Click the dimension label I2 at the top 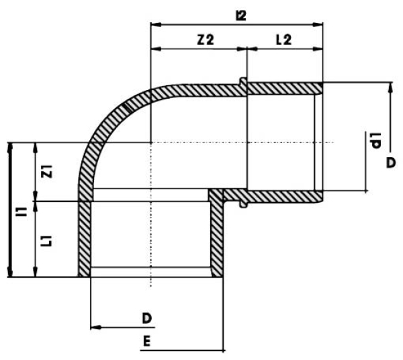[241, 15]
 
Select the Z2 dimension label [206, 40]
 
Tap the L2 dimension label [283, 40]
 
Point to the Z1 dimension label [47, 171]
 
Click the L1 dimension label [47, 241]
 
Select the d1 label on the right [375, 140]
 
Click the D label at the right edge [391, 163]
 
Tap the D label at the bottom [146, 318]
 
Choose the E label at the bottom [146, 341]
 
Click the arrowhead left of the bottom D [96, 327]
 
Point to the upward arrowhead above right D [391, 87]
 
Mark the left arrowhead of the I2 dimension [156, 25]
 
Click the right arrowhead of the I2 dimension [318, 25]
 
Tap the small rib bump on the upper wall [243, 81]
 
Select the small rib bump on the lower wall [243, 204]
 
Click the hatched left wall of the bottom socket [85, 239]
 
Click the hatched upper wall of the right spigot [285, 89]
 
